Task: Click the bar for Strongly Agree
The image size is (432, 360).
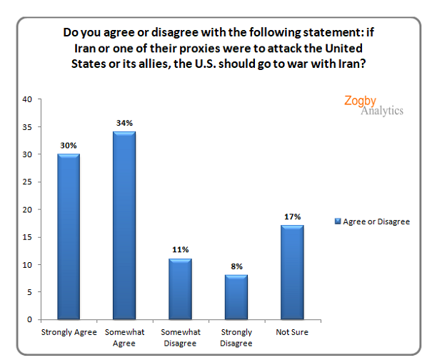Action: (x=69, y=236)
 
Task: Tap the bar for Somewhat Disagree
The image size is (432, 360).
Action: (x=180, y=289)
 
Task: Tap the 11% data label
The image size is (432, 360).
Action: (x=180, y=249)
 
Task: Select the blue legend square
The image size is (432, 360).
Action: (x=338, y=222)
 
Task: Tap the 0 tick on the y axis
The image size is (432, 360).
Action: (x=29, y=319)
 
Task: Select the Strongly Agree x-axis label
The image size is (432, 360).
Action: (x=69, y=332)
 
